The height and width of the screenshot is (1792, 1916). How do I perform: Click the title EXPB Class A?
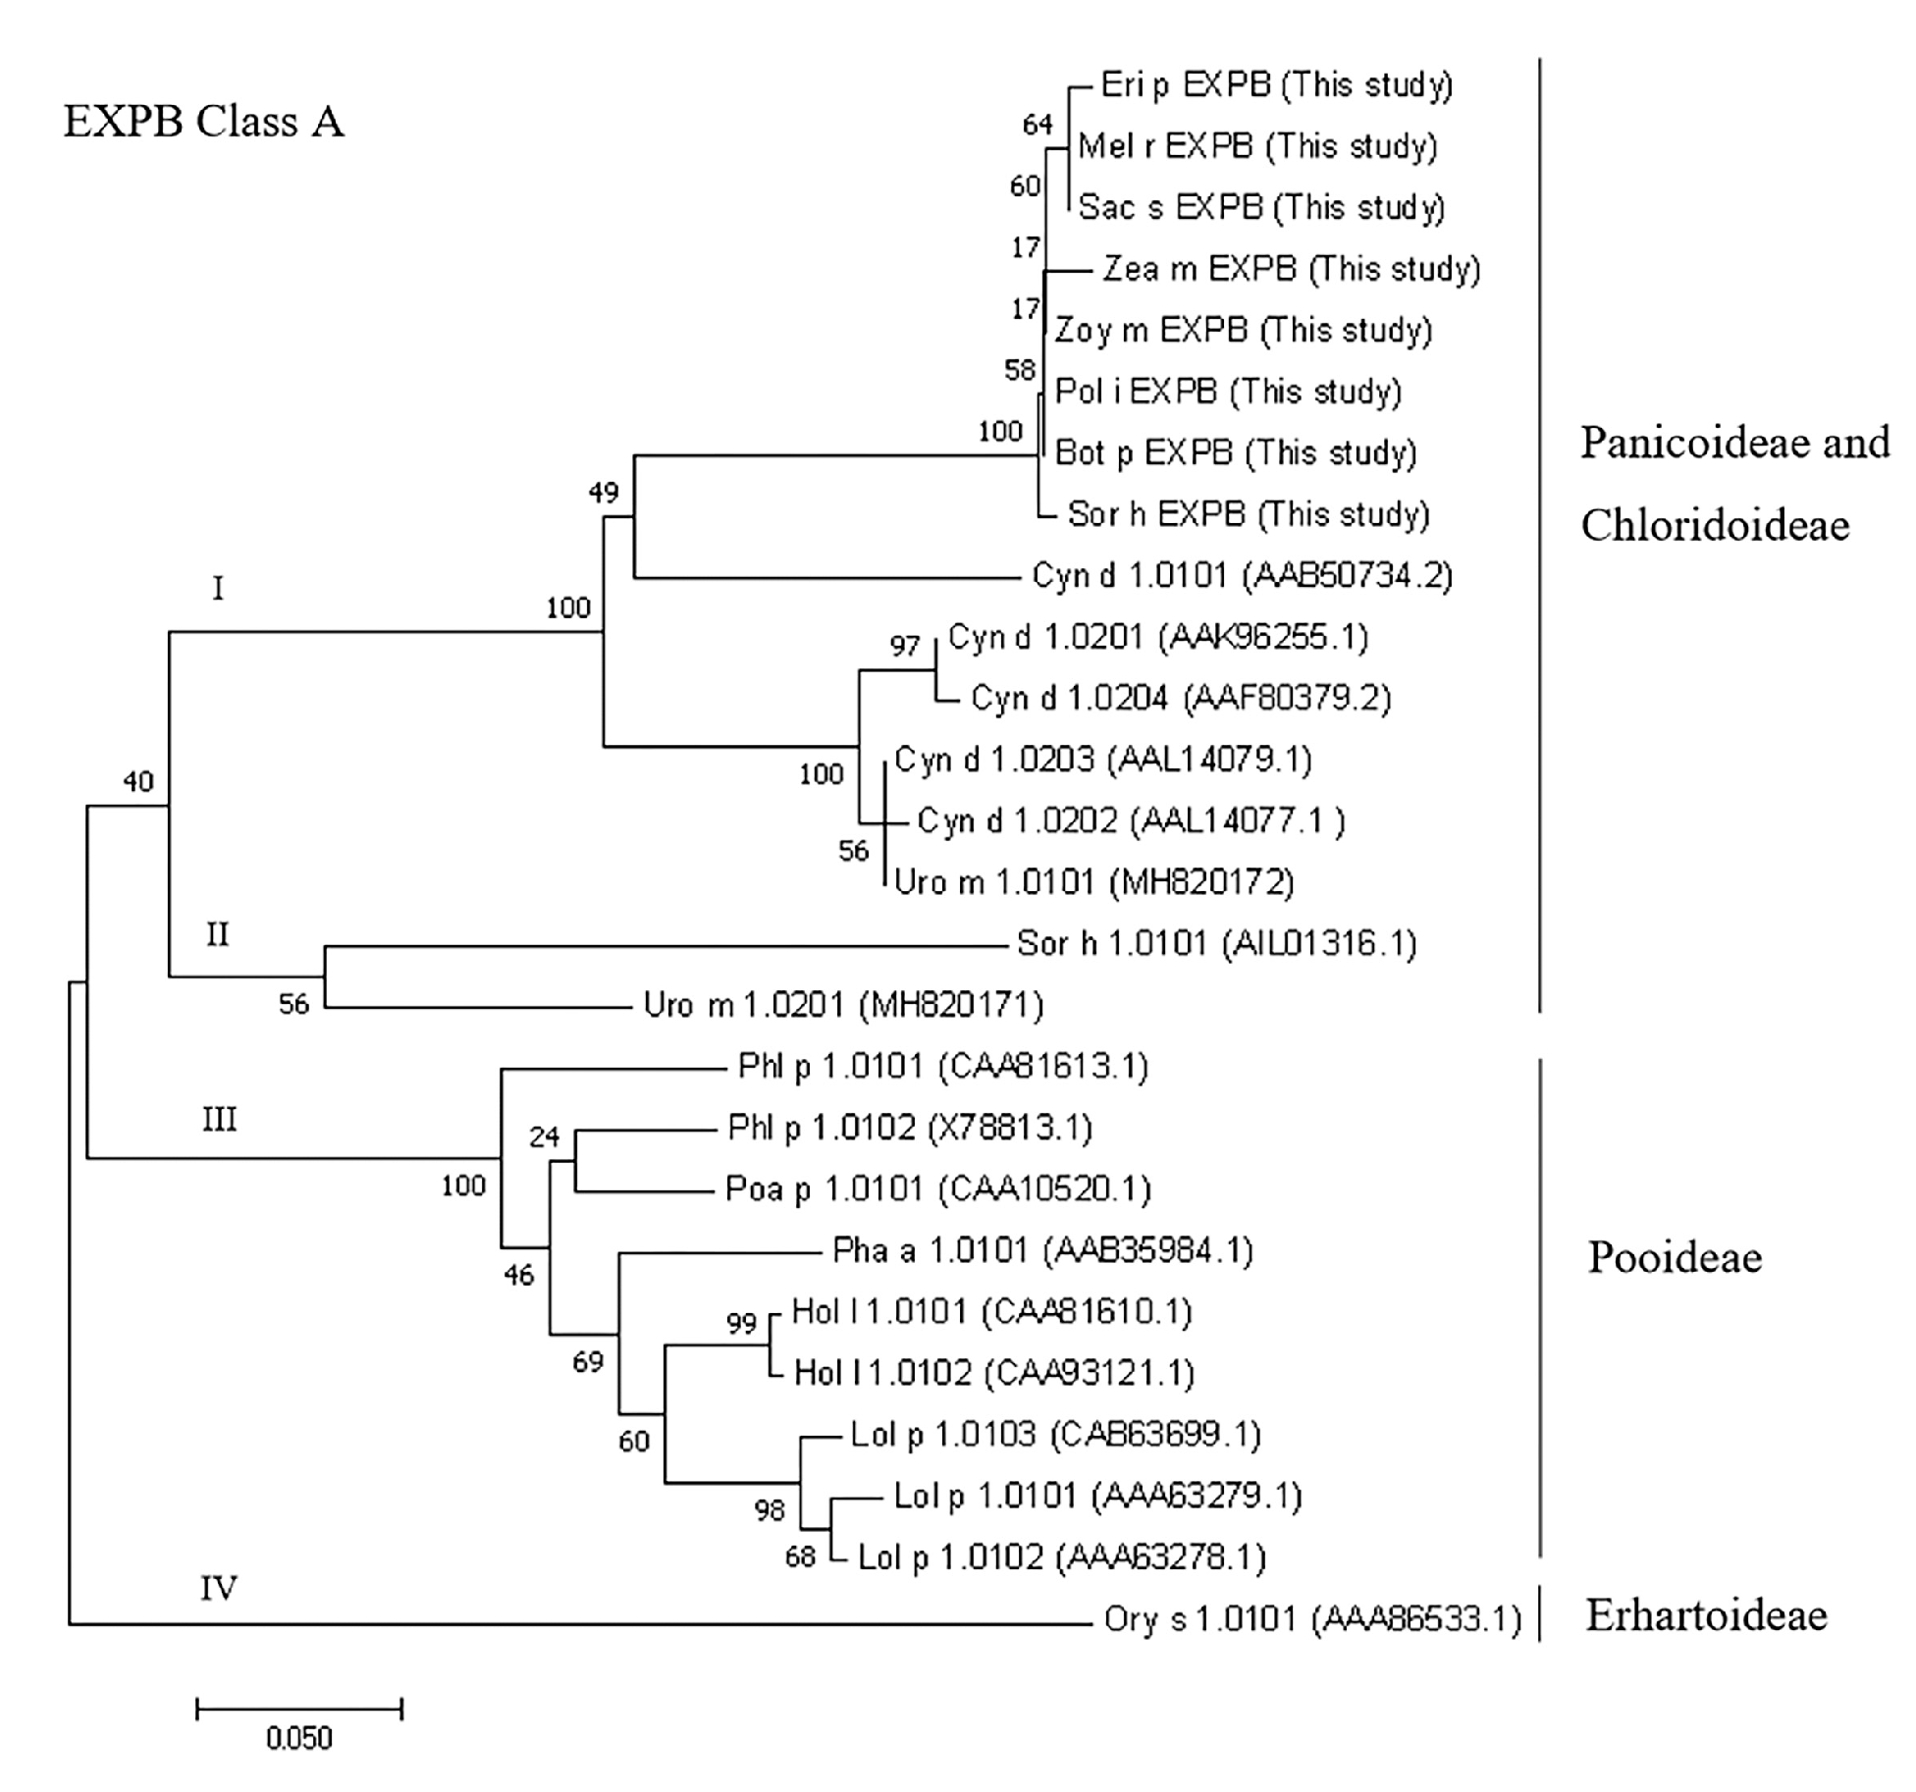coord(204,123)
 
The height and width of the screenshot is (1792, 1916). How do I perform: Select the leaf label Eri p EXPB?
coord(1276,85)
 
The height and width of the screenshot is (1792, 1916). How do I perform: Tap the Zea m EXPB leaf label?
coord(1291,269)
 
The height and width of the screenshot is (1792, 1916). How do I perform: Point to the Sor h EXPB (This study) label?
coord(1248,514)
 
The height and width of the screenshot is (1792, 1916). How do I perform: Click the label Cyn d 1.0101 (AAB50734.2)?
coord(1242,575)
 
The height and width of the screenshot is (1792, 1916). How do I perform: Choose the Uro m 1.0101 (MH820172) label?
coord(1093,882)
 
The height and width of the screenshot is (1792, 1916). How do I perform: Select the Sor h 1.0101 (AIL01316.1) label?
coord(1216,944)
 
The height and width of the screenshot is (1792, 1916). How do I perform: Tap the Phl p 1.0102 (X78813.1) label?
coord(909,1128)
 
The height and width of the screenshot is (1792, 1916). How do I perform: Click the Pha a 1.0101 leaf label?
coord(1042,1250)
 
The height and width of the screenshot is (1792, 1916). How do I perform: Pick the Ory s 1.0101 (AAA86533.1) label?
coord(1311,1618)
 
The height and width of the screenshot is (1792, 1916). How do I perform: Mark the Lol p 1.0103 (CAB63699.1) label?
coord(1055,1435)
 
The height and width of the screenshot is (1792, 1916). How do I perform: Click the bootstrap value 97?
coord(904,647)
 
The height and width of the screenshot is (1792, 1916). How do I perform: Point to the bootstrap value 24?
coord(544,1136)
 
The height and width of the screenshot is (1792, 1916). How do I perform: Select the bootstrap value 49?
coord(604,492)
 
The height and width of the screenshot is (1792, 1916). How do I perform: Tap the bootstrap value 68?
coord(800,1556)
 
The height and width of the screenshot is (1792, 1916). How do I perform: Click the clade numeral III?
coord(219,1120)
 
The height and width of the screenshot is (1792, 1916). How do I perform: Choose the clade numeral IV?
coord(218,1588)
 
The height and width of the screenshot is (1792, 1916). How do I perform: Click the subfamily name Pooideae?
coord(1675,1257)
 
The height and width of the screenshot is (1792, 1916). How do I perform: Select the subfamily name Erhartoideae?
coord(1706,1615)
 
